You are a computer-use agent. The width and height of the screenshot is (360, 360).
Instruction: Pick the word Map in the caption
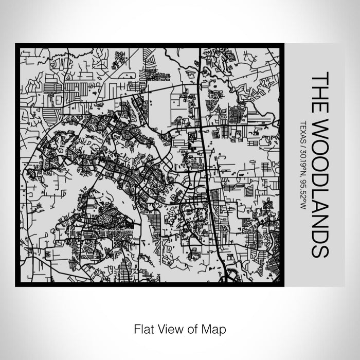[x=215, y=328]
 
